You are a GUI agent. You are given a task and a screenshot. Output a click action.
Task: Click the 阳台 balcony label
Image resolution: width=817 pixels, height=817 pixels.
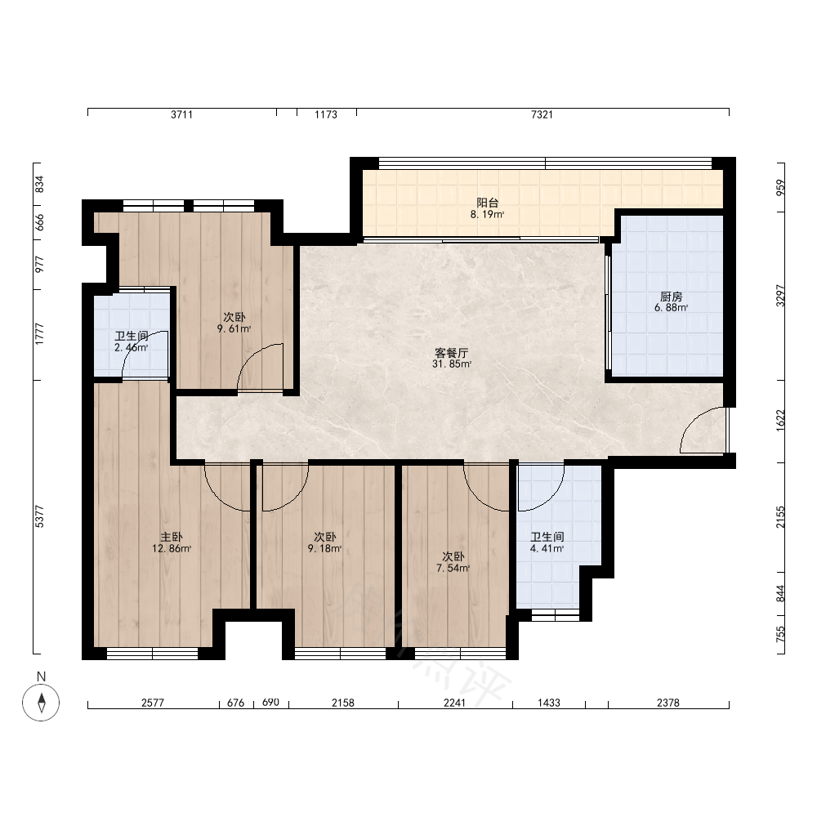tap(487, 203)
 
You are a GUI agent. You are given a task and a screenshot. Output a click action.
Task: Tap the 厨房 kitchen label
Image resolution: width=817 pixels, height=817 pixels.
tap(671, 297)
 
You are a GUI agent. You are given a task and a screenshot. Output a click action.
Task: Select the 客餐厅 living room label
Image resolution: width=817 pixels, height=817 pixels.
tap(451, 353)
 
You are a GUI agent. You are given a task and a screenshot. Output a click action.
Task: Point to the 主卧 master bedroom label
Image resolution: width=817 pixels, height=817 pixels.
tap(172, 538)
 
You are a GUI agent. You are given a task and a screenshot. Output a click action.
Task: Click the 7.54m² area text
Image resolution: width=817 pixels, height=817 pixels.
tap(453, 568)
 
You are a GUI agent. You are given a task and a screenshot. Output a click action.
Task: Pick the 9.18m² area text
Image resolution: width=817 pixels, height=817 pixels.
tap(324, 548)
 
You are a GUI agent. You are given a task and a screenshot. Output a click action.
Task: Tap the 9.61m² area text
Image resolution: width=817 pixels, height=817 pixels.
tap(234, 328)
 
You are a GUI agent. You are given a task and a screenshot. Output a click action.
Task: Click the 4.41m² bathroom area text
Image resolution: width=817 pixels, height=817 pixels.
tap(547, 548)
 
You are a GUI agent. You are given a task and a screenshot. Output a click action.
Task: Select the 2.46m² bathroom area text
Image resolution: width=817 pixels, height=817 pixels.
tap(132, 347)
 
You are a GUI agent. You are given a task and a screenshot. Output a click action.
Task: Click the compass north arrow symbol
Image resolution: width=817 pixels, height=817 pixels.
tap(41, 702)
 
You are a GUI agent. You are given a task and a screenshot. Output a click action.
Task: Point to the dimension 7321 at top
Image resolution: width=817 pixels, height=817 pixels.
tap(542, 114)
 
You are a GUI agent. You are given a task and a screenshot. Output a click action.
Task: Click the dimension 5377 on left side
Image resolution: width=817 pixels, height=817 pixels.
tap(39, 516)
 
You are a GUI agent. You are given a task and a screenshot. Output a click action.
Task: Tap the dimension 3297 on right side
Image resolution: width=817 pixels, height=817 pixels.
tap(780, 296)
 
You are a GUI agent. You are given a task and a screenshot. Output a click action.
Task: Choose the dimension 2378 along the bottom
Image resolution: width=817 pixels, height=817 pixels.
tap(668, 703)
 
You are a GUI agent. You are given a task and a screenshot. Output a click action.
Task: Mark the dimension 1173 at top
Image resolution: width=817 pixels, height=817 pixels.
tap(326, 114)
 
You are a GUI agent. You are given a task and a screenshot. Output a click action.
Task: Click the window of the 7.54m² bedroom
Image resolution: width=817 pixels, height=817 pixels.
tap(460, 654)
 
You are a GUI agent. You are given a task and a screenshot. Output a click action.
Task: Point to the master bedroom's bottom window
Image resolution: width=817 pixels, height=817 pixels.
tap(152, 654)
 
